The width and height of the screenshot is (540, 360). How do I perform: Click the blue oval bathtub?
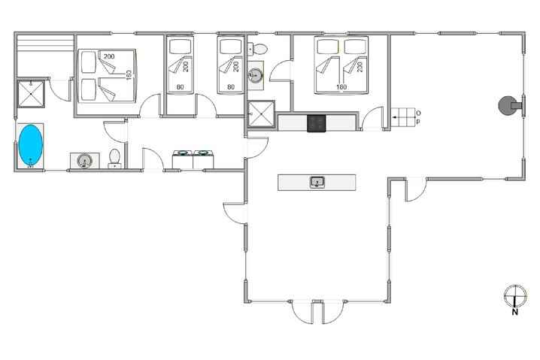pos(30,144)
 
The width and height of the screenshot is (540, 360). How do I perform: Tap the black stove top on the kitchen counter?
pos(316,122)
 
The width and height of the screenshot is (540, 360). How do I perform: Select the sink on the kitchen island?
pos(317,182)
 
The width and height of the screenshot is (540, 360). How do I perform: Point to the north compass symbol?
pos(514,295)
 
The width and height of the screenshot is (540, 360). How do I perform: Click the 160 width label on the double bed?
pos(129,76)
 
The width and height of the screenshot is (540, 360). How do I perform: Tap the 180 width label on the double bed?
pos(341,86)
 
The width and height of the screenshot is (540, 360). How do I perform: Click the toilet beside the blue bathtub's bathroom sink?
pos(115,158)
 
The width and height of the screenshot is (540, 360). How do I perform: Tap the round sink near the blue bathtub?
pos(85,160)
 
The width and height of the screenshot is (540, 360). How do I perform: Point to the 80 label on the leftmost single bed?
pos(180,86)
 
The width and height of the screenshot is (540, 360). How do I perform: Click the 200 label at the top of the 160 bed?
pos(110,57)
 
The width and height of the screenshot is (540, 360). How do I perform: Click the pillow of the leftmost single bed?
pos(179,47)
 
